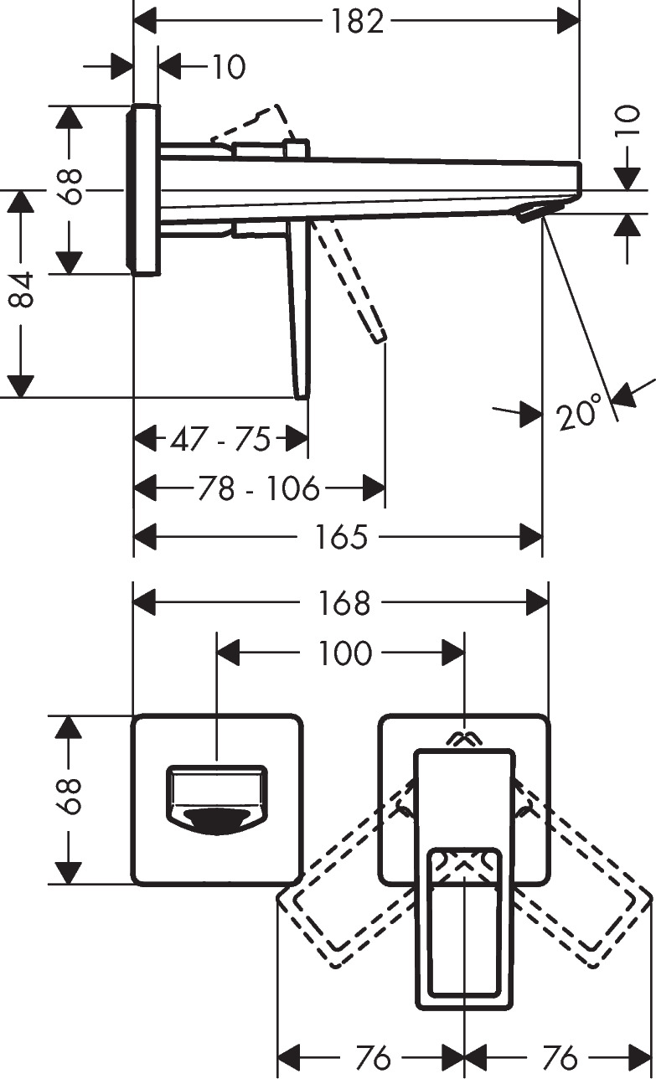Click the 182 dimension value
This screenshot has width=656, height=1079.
356,21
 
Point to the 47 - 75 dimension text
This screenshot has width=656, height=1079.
220,439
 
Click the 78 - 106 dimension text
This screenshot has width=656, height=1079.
260,488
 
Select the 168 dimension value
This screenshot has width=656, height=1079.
344,602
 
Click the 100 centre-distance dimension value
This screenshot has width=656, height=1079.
344,653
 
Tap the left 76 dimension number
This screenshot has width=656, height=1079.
373,1058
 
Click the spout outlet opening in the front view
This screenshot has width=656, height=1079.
217,821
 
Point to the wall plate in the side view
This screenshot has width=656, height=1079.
143,190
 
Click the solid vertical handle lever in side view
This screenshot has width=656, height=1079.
301,310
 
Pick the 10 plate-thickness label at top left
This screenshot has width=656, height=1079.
227,67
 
